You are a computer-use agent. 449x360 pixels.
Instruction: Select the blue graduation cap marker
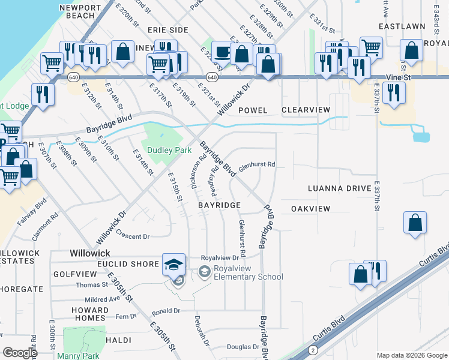point(173,264)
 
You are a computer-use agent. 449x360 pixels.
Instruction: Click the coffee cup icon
point(223,52)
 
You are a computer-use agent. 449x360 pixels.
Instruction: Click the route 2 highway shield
point(313,349)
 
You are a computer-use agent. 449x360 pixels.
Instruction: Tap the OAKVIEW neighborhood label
point(310,208)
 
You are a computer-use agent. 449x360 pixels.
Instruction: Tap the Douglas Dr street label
point(243,347)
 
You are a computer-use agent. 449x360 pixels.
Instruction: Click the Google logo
point(19,353)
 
